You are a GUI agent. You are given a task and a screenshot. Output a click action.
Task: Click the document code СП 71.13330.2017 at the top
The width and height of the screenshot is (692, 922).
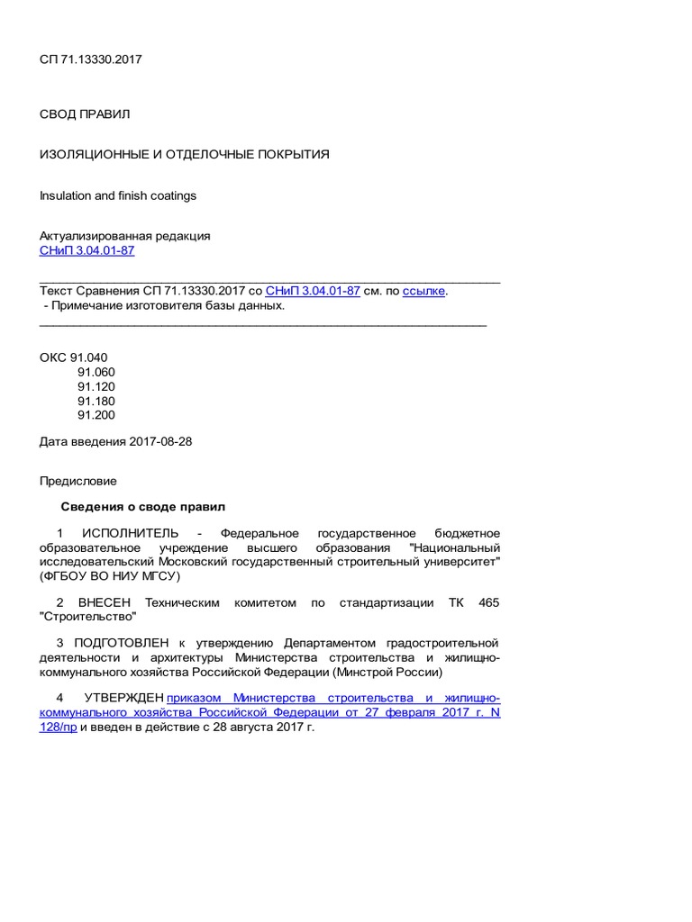(x=90, y=59)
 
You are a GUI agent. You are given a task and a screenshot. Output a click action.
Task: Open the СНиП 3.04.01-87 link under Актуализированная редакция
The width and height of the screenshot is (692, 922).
(x=86, y=250)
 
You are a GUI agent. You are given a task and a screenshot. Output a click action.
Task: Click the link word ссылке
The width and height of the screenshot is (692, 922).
(x=423, y=291)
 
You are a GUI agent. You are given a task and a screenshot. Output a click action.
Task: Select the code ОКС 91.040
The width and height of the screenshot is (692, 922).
(x=73, y=357)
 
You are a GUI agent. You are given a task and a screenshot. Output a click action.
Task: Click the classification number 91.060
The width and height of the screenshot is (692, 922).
(x=96, y=372)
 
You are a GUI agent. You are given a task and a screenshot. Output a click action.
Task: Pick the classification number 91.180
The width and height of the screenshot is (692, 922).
(x=96, y=401)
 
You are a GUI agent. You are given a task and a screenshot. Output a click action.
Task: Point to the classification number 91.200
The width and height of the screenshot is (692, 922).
(x=96, y=415)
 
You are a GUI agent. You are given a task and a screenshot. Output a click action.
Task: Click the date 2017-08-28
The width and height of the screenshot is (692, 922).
(x=161, y=441)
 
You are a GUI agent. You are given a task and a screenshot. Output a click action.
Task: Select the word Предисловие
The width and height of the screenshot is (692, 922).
(x=77, y=481)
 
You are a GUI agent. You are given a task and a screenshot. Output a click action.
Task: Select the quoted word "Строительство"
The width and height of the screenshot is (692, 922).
(x=88, y=617)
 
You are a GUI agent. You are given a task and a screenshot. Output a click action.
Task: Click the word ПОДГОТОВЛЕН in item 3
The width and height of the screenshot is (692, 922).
(x=123, y=643)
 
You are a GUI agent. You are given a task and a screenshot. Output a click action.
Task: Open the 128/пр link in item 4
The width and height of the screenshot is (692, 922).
(x=58, y=726)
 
